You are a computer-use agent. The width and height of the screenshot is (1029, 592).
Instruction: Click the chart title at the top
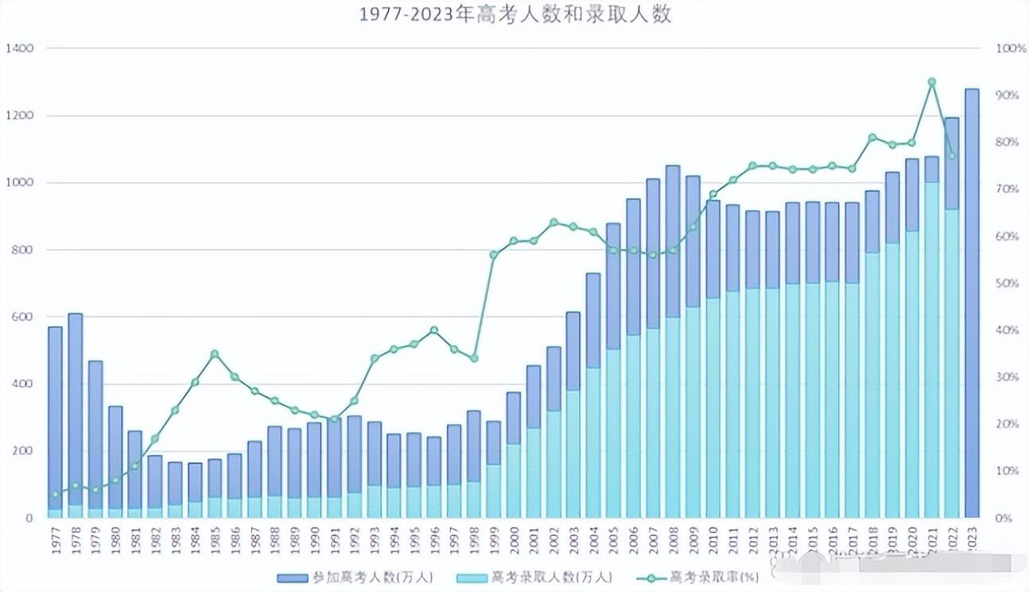[514, 15]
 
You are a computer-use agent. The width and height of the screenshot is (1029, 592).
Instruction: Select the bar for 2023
[971, 302]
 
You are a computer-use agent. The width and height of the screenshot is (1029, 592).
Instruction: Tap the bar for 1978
[76, 414]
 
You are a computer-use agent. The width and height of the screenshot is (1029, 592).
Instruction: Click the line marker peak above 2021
[931, 82]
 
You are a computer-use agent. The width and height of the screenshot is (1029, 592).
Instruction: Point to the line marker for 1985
[215, 353]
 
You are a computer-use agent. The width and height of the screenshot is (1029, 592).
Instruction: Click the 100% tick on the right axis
[1011, 49]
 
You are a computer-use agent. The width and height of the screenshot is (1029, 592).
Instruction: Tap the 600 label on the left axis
[22, 317]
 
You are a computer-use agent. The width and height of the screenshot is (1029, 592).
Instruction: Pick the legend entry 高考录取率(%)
[700, 578]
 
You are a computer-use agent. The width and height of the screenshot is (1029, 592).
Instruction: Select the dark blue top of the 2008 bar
[673, 239]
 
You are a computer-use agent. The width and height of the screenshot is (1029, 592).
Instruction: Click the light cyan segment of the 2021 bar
[931, 350]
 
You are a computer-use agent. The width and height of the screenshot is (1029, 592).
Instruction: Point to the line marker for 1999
[494, 255]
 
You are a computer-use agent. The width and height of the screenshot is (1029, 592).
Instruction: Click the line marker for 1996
[433, 329]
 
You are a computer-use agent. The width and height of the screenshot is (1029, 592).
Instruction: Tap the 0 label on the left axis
[29, 518]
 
